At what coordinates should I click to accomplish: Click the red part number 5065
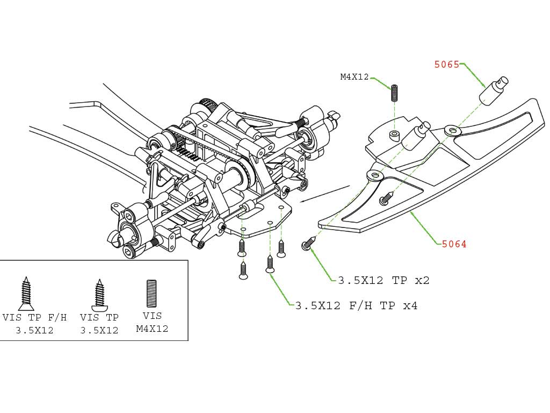click(x=446, y=65)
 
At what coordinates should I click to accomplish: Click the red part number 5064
click(x=454, y=244)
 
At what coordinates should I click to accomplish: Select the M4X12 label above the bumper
click(x=354, y=77)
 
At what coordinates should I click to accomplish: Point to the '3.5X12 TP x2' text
click(x=383, y=280)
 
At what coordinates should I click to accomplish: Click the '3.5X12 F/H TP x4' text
click(x=356, y=306)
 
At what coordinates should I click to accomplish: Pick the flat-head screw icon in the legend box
click(x=25, y=294)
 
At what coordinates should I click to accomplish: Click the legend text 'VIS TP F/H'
click(x=34, y=317)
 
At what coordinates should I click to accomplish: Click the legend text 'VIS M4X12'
click(x=152, y=322)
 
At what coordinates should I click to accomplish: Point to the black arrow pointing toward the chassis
click(x=325, y=194)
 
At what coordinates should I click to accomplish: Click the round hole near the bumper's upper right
click(x=452, y=130)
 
